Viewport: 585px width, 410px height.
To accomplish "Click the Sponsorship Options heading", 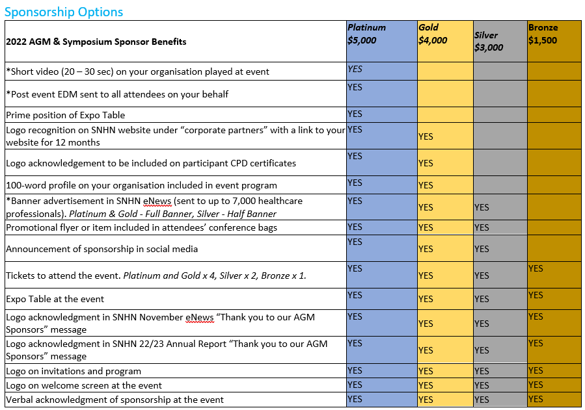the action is (64, 12).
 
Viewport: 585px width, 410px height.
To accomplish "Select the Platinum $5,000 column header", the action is (366, 34).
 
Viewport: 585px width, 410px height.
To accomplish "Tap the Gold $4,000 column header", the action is (433, 34).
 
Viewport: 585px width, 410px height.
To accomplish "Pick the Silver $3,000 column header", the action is (489, 42).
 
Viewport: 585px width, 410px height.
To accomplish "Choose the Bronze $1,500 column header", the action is (543, 34).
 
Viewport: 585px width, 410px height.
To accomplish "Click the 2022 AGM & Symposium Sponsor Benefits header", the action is (96, 42).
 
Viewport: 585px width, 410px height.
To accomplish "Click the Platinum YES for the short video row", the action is (355, 69).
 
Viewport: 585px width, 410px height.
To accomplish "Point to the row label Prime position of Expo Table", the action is (65, 115).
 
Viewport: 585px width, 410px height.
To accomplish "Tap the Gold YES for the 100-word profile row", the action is (426, 185).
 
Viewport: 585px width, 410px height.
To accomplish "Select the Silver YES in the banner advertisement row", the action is (482, 207).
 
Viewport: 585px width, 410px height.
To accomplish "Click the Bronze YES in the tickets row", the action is (536, 268).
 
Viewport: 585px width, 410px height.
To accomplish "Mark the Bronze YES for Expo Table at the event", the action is (536, 295).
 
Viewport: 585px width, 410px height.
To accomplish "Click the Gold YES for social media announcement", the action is (426, 249).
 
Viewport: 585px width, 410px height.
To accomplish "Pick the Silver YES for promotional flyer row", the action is (482, 227).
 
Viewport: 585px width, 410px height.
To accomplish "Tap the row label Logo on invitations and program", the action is (74, 371).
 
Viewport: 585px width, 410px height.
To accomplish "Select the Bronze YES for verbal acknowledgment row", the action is (536, 399).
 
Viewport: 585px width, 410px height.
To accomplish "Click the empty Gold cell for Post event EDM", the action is (445, 94).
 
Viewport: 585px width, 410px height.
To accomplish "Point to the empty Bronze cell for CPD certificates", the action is (554, 162).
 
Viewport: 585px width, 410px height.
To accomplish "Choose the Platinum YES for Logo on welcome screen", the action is (355, 385).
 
